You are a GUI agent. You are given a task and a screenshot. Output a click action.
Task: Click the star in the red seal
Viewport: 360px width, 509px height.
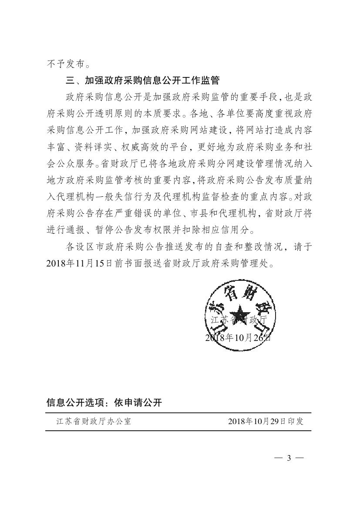click(240, 313)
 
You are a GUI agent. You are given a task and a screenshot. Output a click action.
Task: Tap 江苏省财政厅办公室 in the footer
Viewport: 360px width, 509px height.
click(93, 421)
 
